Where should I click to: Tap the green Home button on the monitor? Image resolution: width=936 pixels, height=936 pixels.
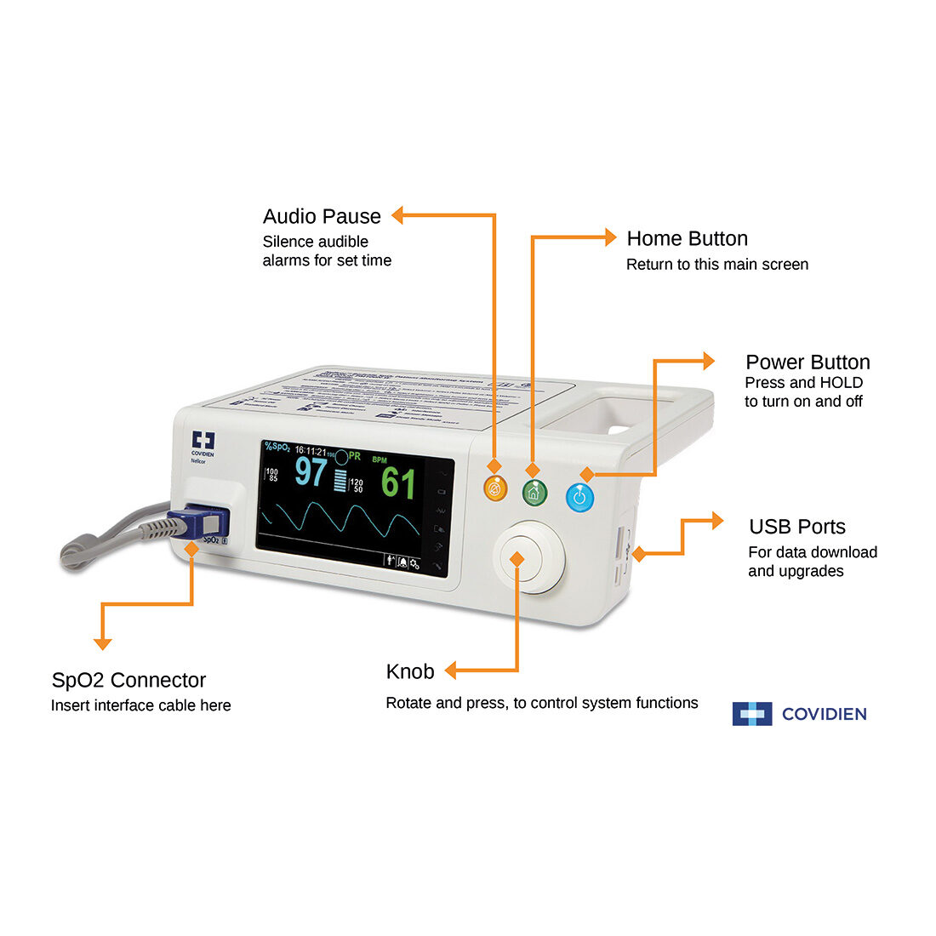[x=534, y=492]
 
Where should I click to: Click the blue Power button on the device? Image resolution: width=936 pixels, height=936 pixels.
[x=579, y=497]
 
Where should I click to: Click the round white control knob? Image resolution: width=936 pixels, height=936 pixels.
[x=528, y=557]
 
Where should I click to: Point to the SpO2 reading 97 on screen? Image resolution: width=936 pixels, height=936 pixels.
[x=311, y=472]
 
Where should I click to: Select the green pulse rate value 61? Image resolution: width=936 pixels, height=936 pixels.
[x=398, y=483]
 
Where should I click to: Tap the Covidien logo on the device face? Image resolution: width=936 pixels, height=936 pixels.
[x=203, y=444]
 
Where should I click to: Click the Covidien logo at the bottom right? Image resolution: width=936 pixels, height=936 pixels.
[x=799, y=714]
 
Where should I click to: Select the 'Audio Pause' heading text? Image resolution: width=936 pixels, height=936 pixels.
[x=322, y=216]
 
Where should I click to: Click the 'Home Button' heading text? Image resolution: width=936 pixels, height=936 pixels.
[x=687, y=238]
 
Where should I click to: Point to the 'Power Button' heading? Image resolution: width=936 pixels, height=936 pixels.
[x=807, y=362]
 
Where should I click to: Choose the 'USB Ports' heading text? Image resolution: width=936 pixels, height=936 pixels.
[x=796, y=527]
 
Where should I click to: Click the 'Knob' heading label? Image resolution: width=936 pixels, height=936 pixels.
[x=410, y=671]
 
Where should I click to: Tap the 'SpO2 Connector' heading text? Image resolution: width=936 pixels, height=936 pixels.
[x=128, y=680]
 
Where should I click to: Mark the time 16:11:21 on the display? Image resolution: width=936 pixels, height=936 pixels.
[x=310, y=451]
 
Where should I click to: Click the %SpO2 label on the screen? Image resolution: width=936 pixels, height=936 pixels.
[x=277, y=447]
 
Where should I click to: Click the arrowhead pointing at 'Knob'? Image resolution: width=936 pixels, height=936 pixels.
[x=451, y=671]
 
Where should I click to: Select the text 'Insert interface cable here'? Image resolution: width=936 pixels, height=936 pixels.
[x=140, y=705]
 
